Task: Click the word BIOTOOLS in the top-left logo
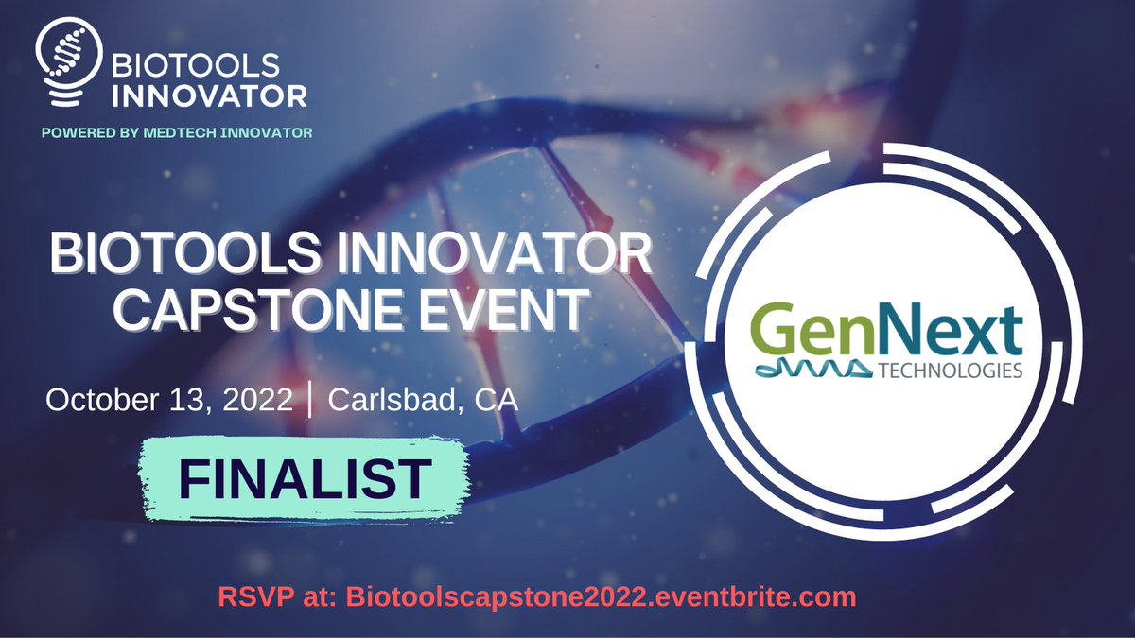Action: (x=196, y=66)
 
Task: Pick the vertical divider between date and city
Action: (x=310, y=399)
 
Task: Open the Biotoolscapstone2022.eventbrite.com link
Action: (x=600, y=597)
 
